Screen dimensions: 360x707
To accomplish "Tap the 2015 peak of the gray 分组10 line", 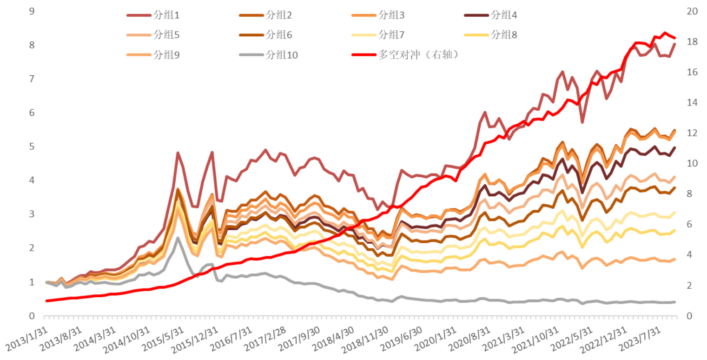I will pos(178,238).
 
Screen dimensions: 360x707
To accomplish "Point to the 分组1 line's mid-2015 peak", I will pos(178,153).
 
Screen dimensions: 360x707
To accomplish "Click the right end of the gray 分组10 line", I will pos(675,302).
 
